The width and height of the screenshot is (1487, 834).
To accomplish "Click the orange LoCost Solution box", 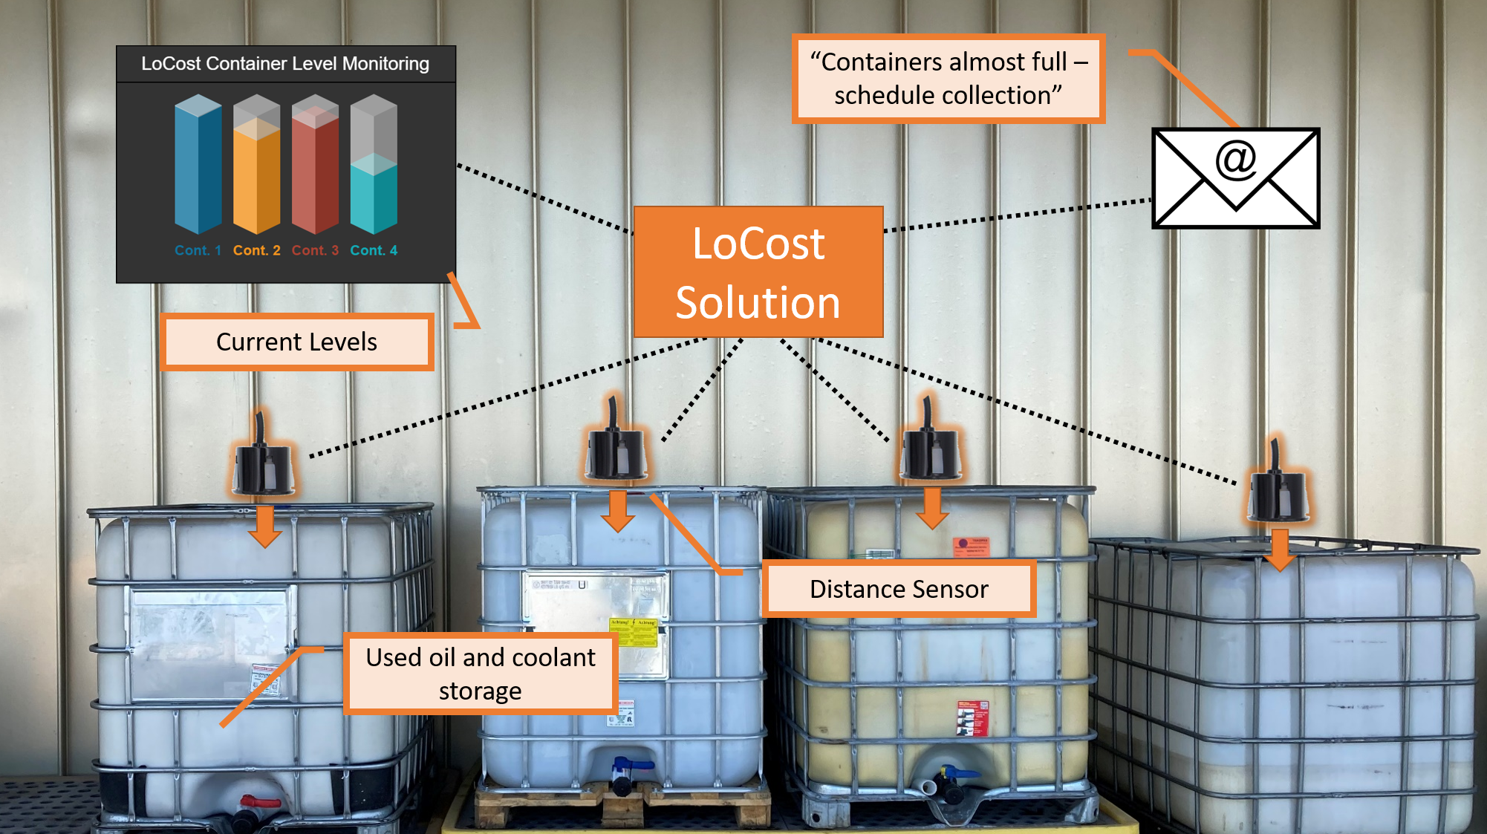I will [758, 272].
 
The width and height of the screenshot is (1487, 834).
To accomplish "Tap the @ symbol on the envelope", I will [1235, 159].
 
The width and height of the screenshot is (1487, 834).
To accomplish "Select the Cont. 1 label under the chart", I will [198, 250].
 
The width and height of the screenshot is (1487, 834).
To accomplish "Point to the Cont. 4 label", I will [374, 250].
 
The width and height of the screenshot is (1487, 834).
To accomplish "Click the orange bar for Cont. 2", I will [256, 178].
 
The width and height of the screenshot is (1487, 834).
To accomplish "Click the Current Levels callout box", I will [296, 342].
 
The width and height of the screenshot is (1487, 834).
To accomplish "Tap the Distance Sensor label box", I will [899, 589].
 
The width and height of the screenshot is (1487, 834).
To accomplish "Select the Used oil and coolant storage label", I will [481, 674].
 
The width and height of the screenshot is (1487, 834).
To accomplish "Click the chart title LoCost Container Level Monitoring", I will [285, 64].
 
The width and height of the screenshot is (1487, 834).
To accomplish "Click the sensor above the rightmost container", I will [1278, 494].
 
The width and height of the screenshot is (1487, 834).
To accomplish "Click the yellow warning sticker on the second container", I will [634, 631].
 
